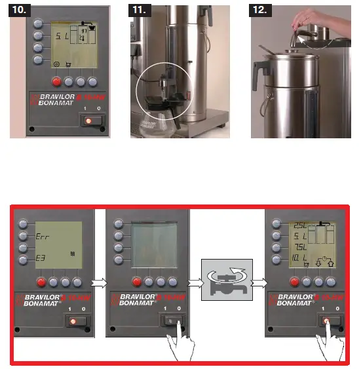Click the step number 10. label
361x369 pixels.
(21, 10)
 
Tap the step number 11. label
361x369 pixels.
(142, 10)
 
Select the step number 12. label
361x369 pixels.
(263, 10)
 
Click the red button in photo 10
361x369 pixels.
(57, 82)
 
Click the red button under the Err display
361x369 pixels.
(41, 282)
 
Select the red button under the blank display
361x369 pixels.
(137, 282)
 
